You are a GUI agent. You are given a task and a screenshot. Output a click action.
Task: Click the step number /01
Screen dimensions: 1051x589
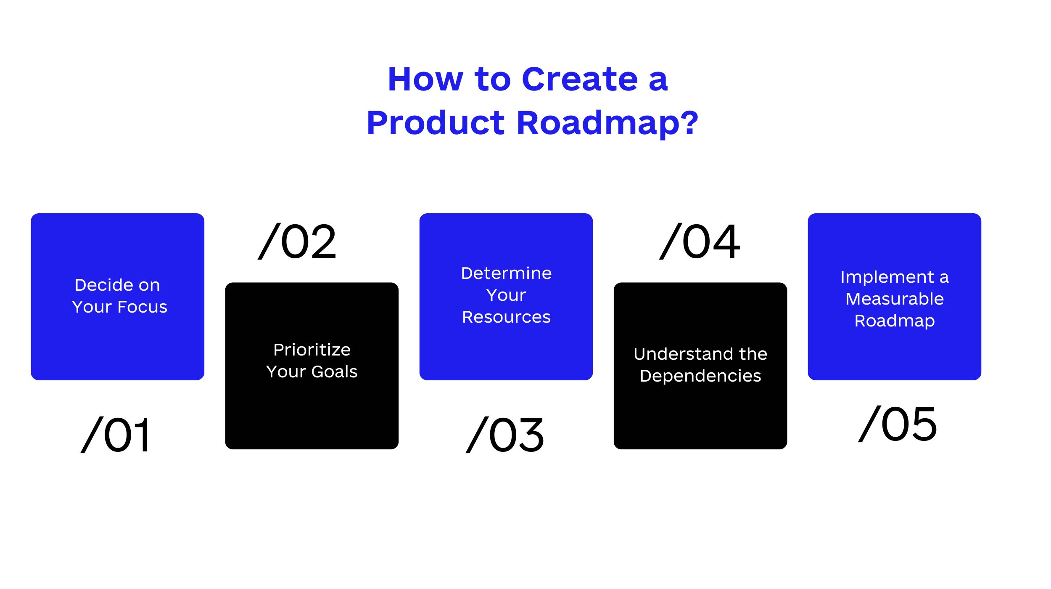tap(115, 435)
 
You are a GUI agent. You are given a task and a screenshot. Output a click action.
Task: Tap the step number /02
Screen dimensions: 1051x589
tap(297, 241)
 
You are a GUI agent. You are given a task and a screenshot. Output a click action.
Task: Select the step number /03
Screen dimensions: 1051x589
tap(505, 435)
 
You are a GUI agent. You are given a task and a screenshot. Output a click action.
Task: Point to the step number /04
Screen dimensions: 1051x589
tap(700, 241)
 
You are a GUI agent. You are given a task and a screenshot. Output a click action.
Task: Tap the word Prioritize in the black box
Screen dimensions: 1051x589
tap(312, 350)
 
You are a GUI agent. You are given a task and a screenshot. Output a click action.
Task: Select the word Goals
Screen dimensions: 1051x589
tap(335, 371)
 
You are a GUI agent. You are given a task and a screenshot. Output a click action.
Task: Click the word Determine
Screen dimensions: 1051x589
tap(506, 273)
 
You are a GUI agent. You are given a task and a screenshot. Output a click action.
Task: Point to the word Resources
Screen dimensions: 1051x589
tap(506, 317)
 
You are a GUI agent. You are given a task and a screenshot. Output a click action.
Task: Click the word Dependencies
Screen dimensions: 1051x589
tap(700, 376)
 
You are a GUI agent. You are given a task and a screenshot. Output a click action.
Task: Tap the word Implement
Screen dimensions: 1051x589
tap(887, 277)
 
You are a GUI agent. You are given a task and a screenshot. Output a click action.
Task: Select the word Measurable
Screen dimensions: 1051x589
tap(895, 299)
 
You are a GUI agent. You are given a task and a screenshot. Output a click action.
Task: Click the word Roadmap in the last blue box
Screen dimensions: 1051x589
tap(895, 321)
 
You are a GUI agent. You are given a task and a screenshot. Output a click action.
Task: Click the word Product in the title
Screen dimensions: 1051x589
tap(436, 123)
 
